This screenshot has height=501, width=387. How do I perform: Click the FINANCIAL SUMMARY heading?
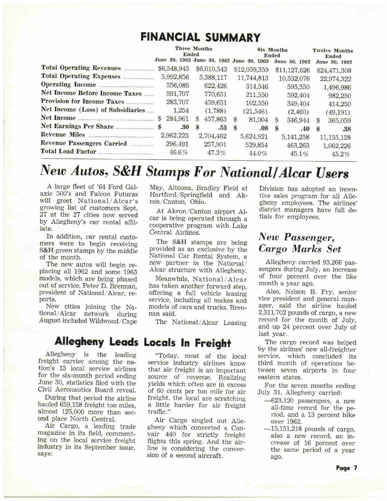(200, 37)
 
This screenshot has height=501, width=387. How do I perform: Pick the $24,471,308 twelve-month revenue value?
(334, 71)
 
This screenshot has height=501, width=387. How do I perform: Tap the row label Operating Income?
(68, 85)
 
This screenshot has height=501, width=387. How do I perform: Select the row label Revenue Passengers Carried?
(84, 143)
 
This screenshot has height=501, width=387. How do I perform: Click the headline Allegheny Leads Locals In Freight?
(143, 342)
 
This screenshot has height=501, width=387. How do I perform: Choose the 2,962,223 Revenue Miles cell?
(175, 135)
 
